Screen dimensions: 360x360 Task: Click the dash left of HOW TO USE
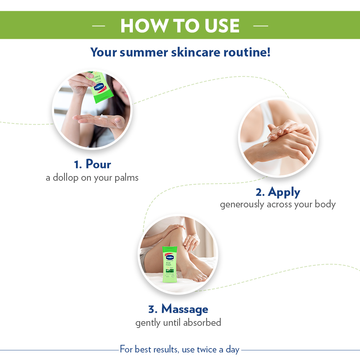point(99,26)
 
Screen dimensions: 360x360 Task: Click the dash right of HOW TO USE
point(261,26)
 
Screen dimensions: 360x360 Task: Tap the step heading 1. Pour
point(93,164)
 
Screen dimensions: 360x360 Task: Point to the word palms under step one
point(125,177)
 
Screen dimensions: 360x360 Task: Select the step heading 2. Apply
point(278,192)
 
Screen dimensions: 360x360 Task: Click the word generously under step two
point(242,204)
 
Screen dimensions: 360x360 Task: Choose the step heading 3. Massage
point(178,309)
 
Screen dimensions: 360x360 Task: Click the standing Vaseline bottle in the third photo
point(170,265)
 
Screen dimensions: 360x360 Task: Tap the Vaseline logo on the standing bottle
point(170,257)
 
